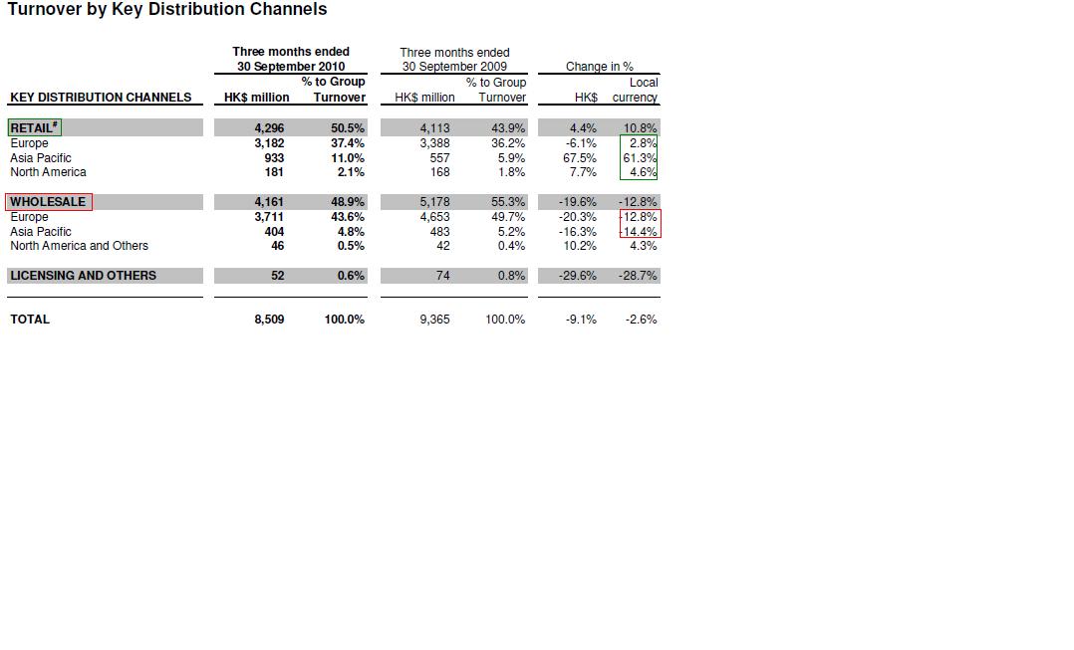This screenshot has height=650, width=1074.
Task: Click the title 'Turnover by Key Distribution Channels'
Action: pos(167,10)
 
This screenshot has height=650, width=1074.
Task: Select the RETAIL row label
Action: pos(34,127)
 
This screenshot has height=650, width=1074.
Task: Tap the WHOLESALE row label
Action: pos(48,202)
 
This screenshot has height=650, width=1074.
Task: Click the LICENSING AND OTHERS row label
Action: pos(83,276)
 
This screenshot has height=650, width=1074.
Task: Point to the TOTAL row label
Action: pos(30,320)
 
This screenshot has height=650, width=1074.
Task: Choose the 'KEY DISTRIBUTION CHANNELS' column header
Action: pos(101,98)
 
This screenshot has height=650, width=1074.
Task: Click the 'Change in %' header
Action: pos(599,67)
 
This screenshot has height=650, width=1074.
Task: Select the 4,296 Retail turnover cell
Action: pos(269,128)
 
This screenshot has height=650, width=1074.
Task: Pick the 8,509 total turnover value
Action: pos(269,320)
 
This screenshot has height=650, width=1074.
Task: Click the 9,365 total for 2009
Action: pos(434,320)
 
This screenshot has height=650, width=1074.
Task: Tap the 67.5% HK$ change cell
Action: pos(580,158)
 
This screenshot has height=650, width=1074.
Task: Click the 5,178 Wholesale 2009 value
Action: pos(434,202)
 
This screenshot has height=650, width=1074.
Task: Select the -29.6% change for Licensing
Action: pos(578,276)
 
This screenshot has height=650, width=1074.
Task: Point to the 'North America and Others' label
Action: pos(79,246)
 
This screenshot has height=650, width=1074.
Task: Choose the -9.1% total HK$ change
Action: pos(580,320)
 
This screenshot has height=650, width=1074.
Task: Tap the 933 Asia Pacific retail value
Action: pos(273,158)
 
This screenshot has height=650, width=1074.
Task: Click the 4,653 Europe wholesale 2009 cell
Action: pos(434,217)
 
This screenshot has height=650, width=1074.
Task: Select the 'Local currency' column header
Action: pos(636,91)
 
